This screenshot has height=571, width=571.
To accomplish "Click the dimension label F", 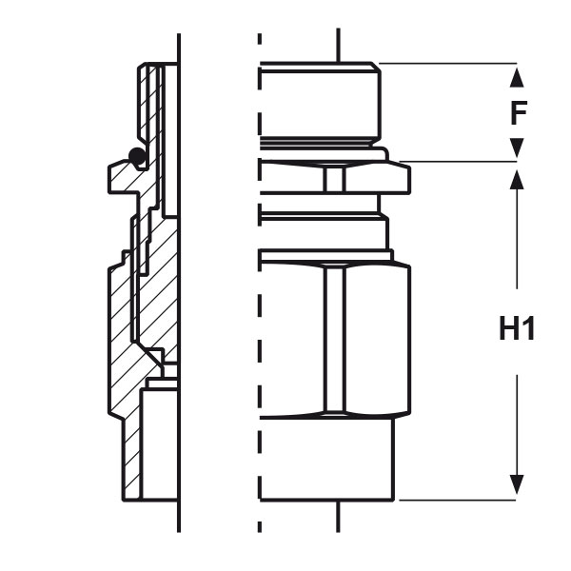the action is pos(519,112).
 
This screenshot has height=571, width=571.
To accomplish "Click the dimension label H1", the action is pos(517,328).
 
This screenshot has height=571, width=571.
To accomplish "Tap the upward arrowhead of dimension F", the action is pos(517,78).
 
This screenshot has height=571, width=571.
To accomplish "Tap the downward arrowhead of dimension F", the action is pos(517,148).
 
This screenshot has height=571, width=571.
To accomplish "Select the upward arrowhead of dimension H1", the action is pos(517,180).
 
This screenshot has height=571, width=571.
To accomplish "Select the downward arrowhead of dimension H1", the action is pos(517,484).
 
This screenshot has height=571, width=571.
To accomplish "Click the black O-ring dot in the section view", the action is pos(137,156).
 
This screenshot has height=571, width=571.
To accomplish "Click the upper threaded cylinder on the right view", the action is pos(321,101).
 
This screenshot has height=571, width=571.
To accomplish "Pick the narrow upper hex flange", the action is pos(335,177).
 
